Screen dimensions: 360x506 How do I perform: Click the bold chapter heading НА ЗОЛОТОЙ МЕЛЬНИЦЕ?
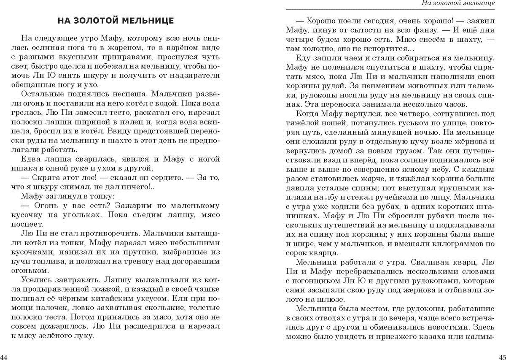click(x=115, y=21)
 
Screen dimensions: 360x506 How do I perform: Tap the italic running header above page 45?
click(x=458, y=4)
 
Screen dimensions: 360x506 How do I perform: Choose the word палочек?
click(x=51, y=308)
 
